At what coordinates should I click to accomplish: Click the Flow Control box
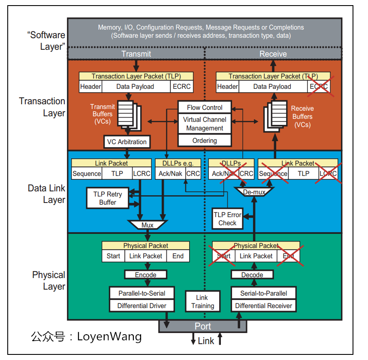(x=205, y=107)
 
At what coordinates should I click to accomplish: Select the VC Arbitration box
(x=127, y=142)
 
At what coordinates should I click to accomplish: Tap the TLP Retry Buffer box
(x=108, y=198)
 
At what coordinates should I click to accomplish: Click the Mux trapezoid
(x=148, y=225)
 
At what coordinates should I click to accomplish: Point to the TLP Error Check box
(x=227, y=219)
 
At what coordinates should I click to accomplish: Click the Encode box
(x=146, y=275)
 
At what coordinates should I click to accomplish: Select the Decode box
(x=252, y=275)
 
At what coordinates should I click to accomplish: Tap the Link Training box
(x=202, y=302)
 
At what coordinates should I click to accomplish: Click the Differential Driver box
(x=142, y=306)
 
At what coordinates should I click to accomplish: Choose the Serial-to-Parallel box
(x=263, y=293)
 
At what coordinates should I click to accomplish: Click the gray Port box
(x=203, y=326)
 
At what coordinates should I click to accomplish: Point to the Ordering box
(x=205, y=140)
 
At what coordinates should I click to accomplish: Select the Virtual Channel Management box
(x=205, y=124)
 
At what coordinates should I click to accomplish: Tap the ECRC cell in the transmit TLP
(x=181, y=87)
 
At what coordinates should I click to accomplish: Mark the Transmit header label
(x=136, y=54)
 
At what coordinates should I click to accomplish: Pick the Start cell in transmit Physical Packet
(x=113, y=256)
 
